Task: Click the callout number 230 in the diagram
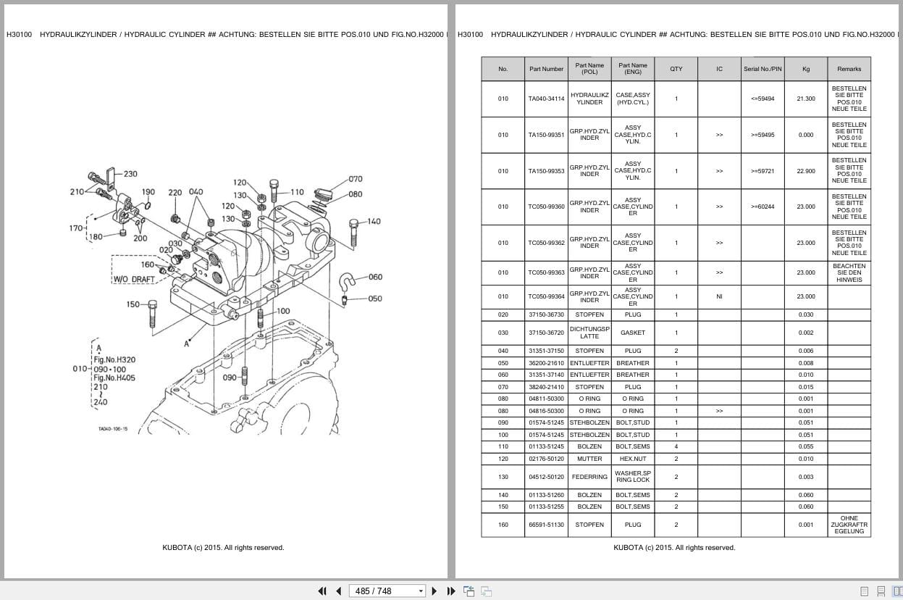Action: [130, 174]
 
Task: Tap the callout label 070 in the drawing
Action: [355, 179]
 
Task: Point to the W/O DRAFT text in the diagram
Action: [134, 279]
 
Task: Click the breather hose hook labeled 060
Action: [347, 281]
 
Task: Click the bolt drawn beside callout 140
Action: [353, 233]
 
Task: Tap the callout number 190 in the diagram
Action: [148, 192]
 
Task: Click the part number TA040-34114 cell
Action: [546, 99]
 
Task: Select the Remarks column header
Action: [849, 69]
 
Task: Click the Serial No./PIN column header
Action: [763, 69]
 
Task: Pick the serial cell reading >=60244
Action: [763, 207]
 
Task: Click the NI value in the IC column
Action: [719, 296]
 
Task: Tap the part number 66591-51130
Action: [546, 525]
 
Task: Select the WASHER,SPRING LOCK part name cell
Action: [632, 477]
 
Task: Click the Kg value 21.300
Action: [806, 99]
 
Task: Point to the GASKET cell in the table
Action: [632, 333]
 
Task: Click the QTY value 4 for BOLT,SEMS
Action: [676, 446]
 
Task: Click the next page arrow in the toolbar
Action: [434, 591]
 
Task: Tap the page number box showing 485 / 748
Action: [387, 591]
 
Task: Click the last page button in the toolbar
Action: [451, 591]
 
